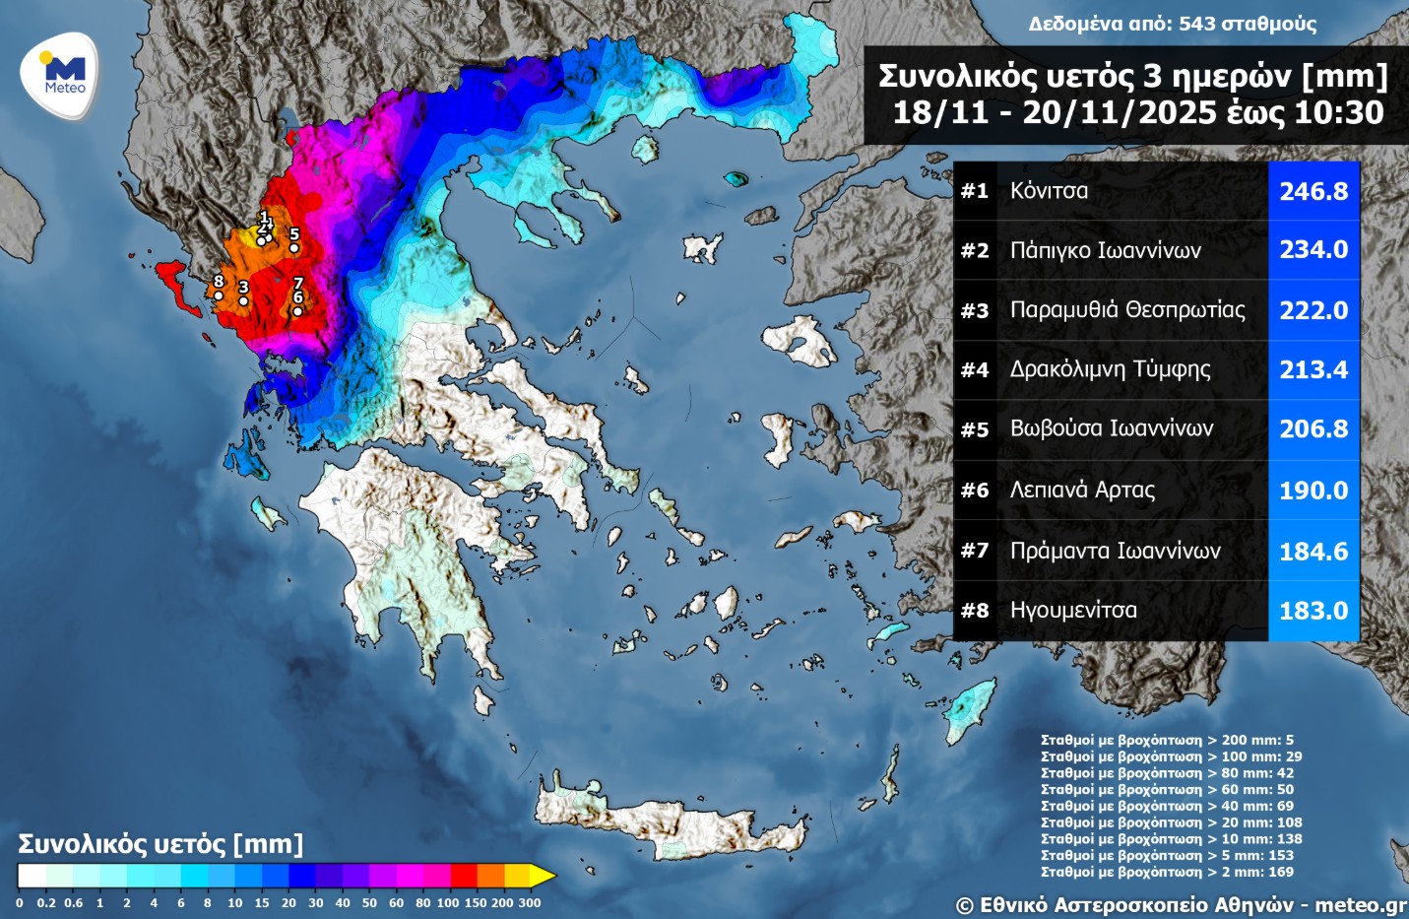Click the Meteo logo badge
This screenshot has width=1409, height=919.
[x=61, y=75]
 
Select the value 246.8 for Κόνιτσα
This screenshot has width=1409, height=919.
[x=1313, y=191]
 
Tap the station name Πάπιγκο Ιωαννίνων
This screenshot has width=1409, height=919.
[x=1105, y=250]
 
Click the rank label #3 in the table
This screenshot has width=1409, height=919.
[x=974, y=310]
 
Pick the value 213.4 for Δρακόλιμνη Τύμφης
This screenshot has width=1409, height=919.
[x=1313, y=369]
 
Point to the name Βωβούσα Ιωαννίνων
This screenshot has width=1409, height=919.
[x=1111, y=428]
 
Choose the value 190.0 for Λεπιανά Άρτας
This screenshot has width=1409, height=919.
[x=1313, y=490]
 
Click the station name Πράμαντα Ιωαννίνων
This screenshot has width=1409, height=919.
[x=1115, y=551]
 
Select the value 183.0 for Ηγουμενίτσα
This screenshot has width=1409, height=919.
[x=1313, y=611]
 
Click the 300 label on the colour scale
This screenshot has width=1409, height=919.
[x=530, y=903]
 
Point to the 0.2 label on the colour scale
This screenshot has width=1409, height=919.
[x=46, y=903]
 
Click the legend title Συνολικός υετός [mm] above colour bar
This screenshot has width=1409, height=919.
[x=160, y=844]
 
